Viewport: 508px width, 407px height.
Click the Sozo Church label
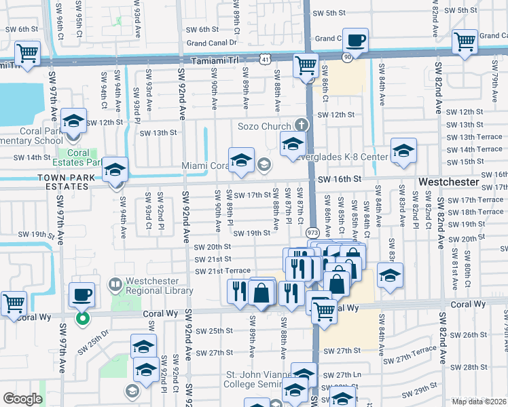click(x=263, y=125)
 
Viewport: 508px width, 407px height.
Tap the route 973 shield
click(x=312, y=232)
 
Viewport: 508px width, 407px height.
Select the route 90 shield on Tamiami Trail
click(x=348, y=58)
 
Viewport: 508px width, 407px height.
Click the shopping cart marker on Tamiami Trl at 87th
click(x=306, y=66)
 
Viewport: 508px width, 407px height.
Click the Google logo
click(x=22, y=399)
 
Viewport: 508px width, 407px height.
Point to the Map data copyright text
click(x=479, y=402)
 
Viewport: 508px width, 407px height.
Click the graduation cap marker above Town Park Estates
click(x=115, y=170)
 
